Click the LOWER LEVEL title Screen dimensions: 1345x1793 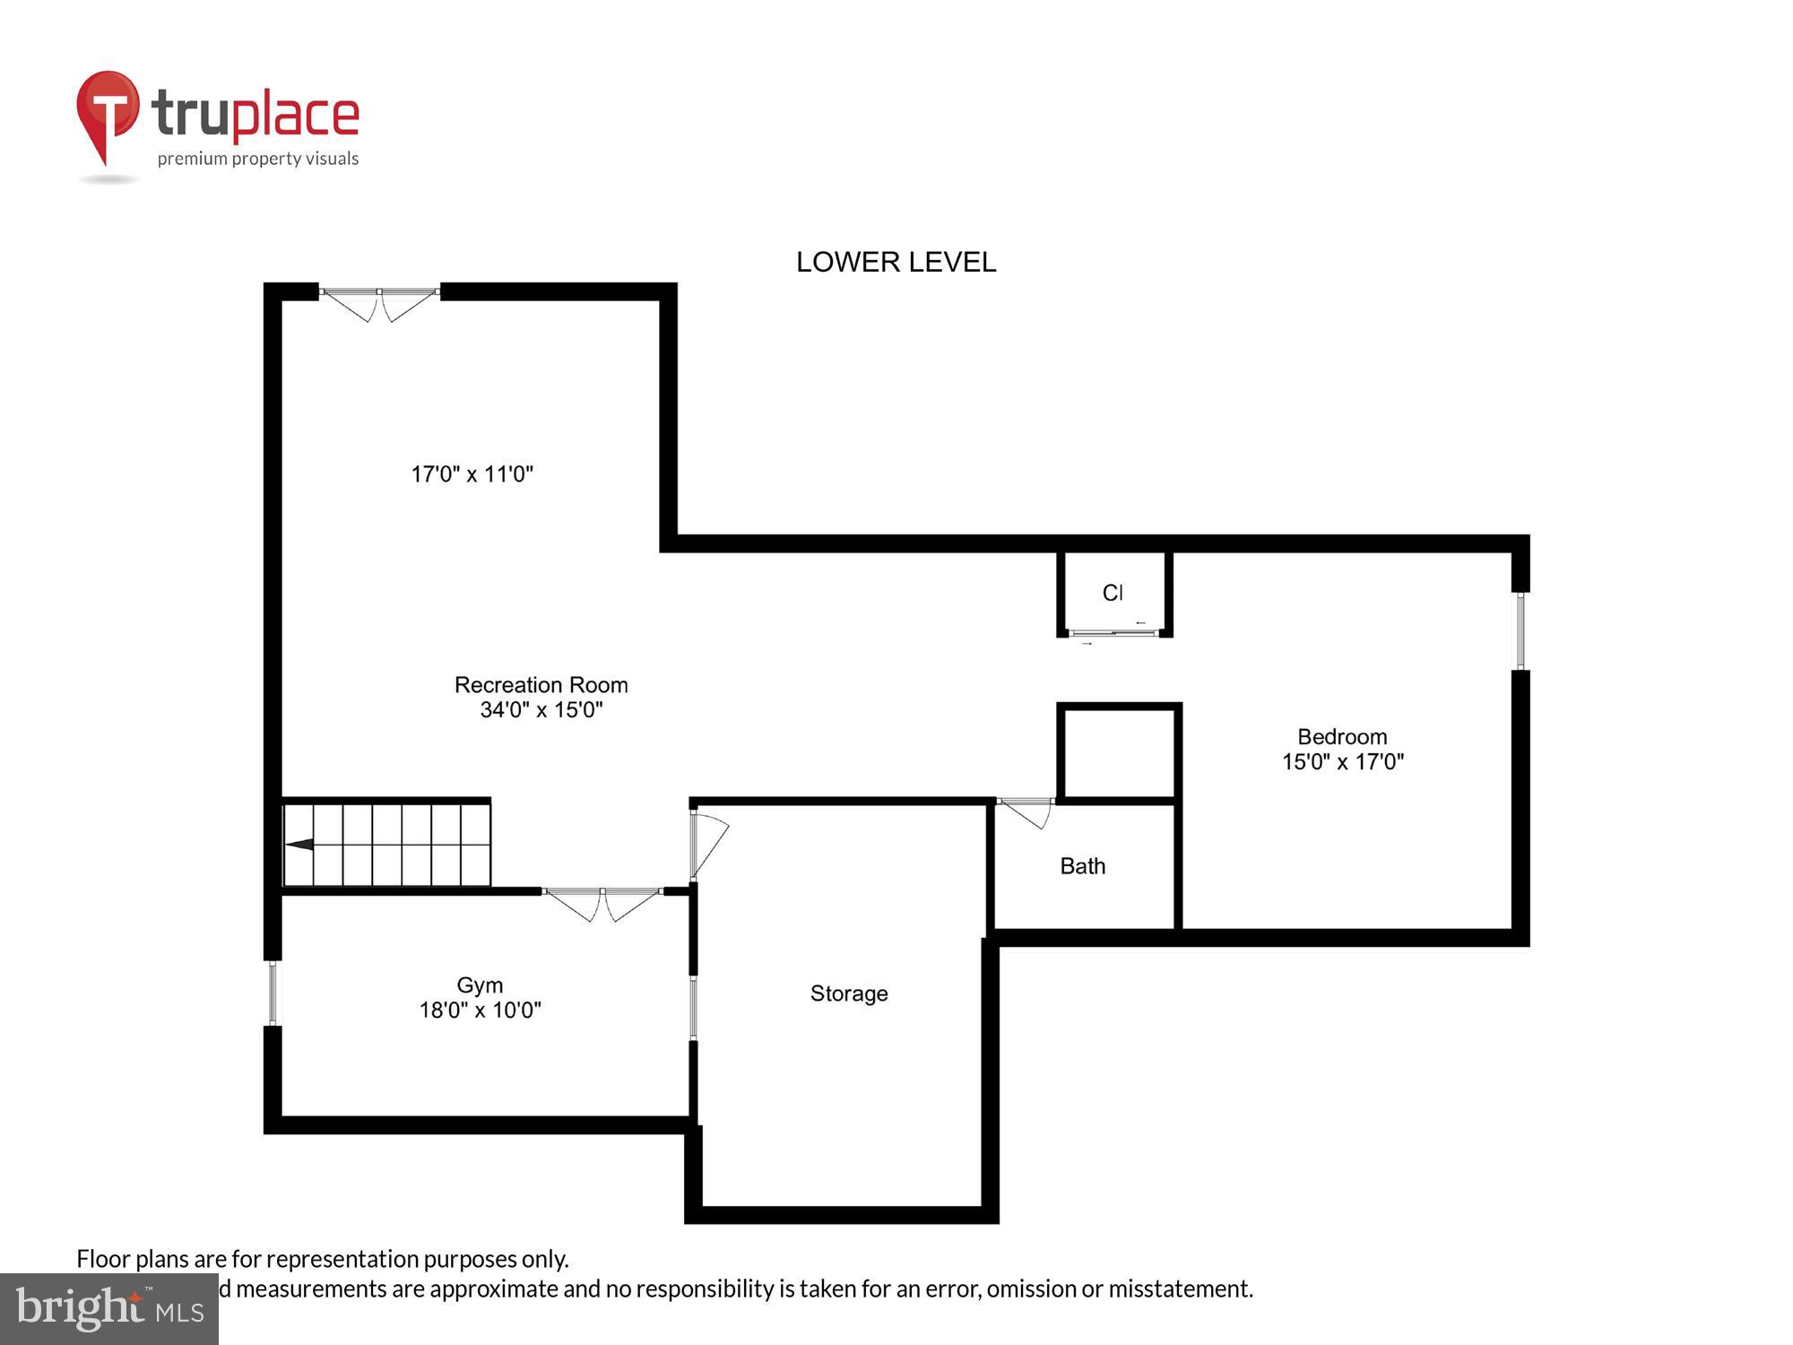click(x=896, y=262)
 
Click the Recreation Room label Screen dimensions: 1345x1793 click(x=541, y=685)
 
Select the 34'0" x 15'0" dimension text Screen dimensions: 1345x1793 click(x=541, y=710)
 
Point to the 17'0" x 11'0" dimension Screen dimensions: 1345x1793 click(x=472, y=474)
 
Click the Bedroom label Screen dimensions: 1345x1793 click(x=1342, y=737)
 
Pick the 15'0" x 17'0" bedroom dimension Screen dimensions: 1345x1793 click(x=1342, y=762)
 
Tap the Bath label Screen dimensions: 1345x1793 click(x=1082, y=866)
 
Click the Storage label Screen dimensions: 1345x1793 click(x=848, y=994)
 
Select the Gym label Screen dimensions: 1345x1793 click(x=480, y=985)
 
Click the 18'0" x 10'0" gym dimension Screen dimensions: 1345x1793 click(x=480, y=1011)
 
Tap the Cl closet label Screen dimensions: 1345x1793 click(x=1112, y=593)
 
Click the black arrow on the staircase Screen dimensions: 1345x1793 click(x=299, y=844)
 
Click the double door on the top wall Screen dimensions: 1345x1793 click(x=379, y=302)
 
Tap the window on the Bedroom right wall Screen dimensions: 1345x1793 click(x=1520, y=630)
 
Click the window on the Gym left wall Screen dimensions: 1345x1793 click(x=273, y=993)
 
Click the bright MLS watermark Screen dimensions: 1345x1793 click(x=109, y=1309)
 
